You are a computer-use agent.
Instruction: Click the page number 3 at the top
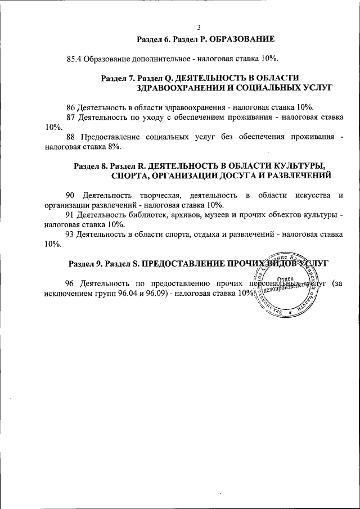pos(199,28)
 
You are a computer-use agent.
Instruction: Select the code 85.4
pos(74,58)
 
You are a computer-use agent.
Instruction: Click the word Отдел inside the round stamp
pos(287,280)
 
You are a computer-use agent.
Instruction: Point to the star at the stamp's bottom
pos(290,311)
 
